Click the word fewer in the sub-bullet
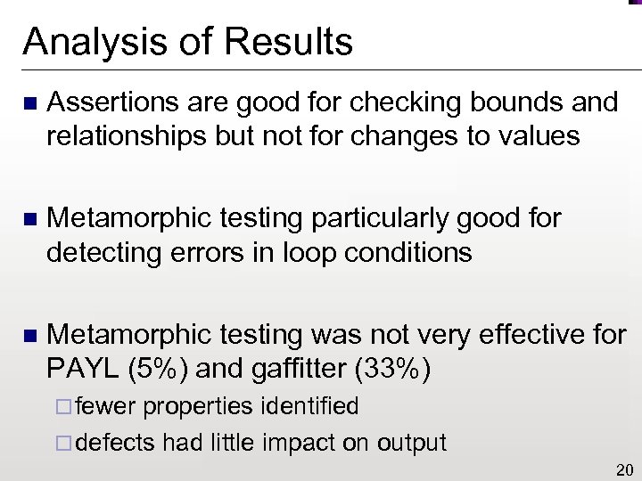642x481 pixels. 106,407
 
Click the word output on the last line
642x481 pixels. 407,442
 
